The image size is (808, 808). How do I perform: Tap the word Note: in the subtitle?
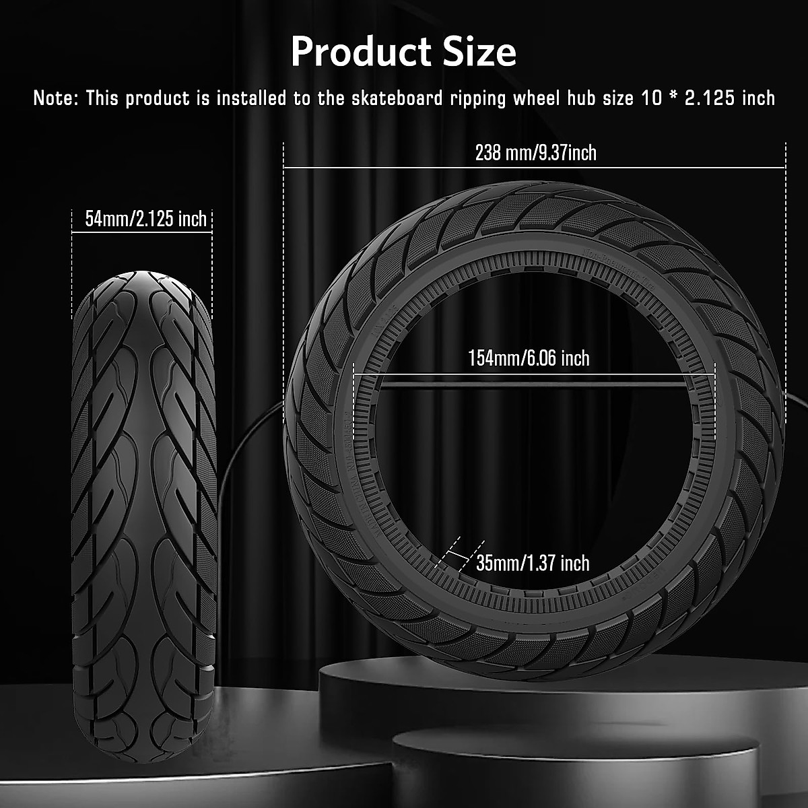[57, 98]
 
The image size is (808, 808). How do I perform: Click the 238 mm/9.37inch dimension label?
[535, 153]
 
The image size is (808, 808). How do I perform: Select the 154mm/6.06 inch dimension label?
[529, 358]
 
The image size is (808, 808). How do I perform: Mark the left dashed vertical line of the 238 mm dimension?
[283, 269]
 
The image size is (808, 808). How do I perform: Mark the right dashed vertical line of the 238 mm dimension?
[786, 269]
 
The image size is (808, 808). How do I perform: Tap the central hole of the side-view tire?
[532, 458]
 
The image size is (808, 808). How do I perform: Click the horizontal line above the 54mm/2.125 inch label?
[142, 232]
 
